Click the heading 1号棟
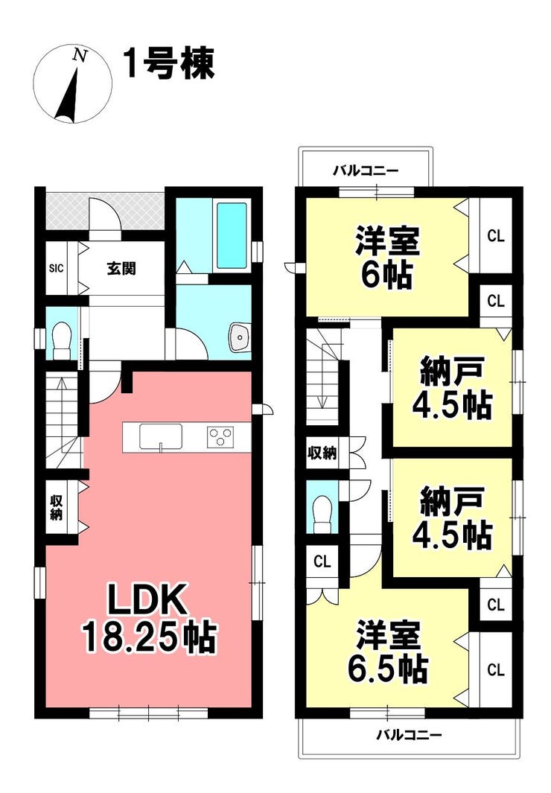[169, 64]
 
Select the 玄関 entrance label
[121, 268]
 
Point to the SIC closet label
[56, 268]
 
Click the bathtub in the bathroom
[232, 236]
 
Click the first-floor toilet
[62, 340]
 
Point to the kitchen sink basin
[161, 436]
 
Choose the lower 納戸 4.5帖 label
[452, 517]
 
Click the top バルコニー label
[366, 171]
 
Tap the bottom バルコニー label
[409, 735]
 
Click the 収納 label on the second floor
[322, 453]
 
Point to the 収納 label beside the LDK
[56, 508]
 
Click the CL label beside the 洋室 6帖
[496, 236]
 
